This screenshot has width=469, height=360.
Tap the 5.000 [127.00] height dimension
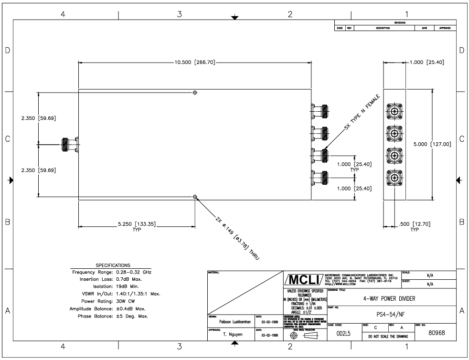(432, 144)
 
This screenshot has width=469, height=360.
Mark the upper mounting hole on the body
(195, 92)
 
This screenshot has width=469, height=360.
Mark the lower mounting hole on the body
(195, 197)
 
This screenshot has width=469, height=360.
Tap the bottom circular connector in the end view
(394, 180)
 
